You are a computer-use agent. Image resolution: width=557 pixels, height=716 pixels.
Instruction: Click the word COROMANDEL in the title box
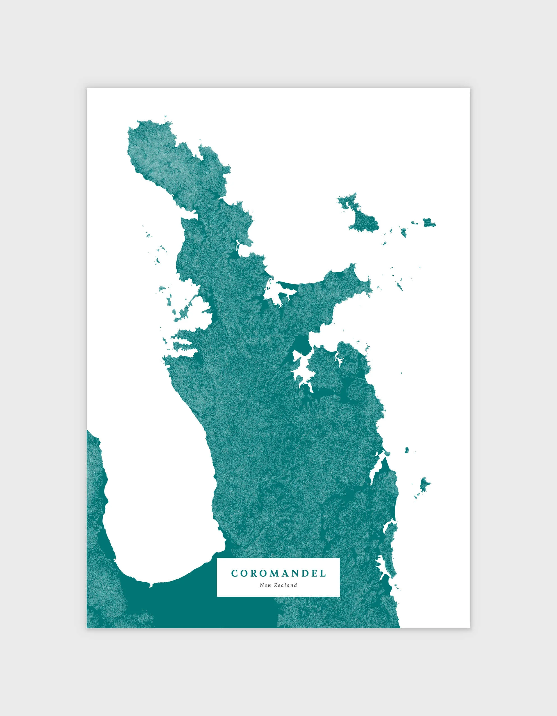click(278, 573)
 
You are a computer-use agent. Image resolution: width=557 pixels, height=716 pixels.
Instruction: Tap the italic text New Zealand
click(278, 585)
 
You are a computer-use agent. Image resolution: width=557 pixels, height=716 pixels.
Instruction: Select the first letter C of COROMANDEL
click(234, 573)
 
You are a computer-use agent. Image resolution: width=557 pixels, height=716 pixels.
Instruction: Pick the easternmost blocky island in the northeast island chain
click(428, 223)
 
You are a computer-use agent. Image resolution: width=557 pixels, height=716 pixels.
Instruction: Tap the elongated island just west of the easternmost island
click(403, 232)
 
